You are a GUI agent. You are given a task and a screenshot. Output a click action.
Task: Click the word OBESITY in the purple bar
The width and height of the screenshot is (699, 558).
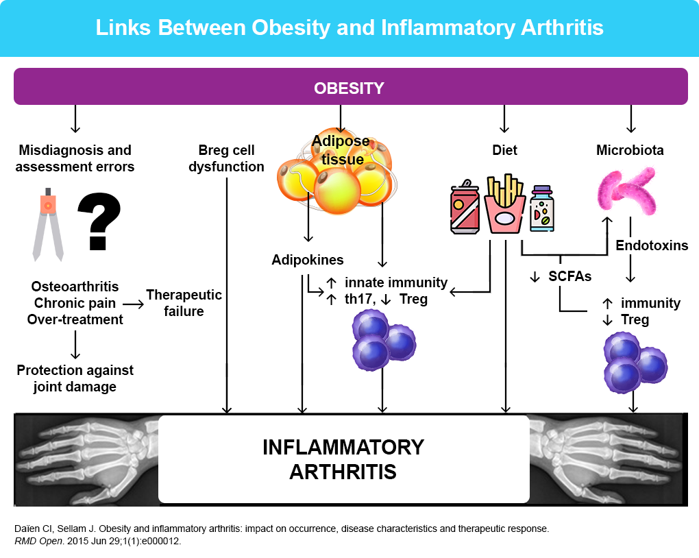(x=349, y=88)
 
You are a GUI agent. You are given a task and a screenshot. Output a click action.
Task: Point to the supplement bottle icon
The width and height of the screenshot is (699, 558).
(x=542, y=208)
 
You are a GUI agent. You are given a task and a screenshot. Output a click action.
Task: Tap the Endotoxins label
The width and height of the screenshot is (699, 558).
(x=652, y=245)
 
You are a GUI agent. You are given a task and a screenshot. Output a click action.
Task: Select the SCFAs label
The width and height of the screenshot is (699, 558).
(x=569, y=277)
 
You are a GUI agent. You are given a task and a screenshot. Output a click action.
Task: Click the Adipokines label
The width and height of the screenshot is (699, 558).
(x=308, y=260)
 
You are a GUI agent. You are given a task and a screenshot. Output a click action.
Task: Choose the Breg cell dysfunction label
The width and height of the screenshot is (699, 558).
(x=226, y=158)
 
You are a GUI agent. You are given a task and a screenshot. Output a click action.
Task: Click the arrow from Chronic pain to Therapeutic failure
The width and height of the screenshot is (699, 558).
(x=132, y=302)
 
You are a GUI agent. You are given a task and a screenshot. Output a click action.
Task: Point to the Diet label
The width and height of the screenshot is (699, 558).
(x=504, y=150)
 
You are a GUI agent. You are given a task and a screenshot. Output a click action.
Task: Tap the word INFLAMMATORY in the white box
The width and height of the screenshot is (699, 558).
(x=343, y=447)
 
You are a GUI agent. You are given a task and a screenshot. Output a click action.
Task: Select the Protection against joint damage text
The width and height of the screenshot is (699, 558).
(x=75, y=378)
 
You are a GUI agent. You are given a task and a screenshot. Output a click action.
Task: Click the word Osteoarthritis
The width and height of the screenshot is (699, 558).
(x=75, y=286)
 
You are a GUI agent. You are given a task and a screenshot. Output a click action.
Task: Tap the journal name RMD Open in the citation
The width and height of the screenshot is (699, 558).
(x=32, y=541)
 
